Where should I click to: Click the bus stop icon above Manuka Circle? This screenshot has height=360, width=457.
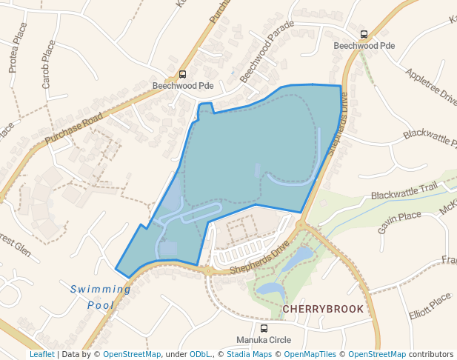coord(264,328)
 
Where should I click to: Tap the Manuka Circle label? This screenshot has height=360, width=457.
coord(264,340)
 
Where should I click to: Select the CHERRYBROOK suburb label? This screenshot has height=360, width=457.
coord(323,308)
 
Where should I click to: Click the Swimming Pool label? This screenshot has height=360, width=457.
coord(100,296)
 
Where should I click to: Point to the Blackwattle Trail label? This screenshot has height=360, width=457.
coord(404,193)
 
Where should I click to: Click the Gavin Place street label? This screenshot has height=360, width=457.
coord(399,221)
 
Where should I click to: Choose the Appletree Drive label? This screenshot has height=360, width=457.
coord(431,85)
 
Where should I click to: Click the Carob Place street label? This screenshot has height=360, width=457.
coord(48,64)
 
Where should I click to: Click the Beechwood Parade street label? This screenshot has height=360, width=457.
coord(266,51)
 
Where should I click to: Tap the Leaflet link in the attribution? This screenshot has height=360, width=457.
coord(41,355)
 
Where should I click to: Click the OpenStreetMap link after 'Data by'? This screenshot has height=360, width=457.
coord(132,355)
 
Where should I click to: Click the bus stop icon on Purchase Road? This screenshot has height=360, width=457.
coord(182,74)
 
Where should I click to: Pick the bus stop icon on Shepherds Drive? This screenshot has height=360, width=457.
coord(364,34)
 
